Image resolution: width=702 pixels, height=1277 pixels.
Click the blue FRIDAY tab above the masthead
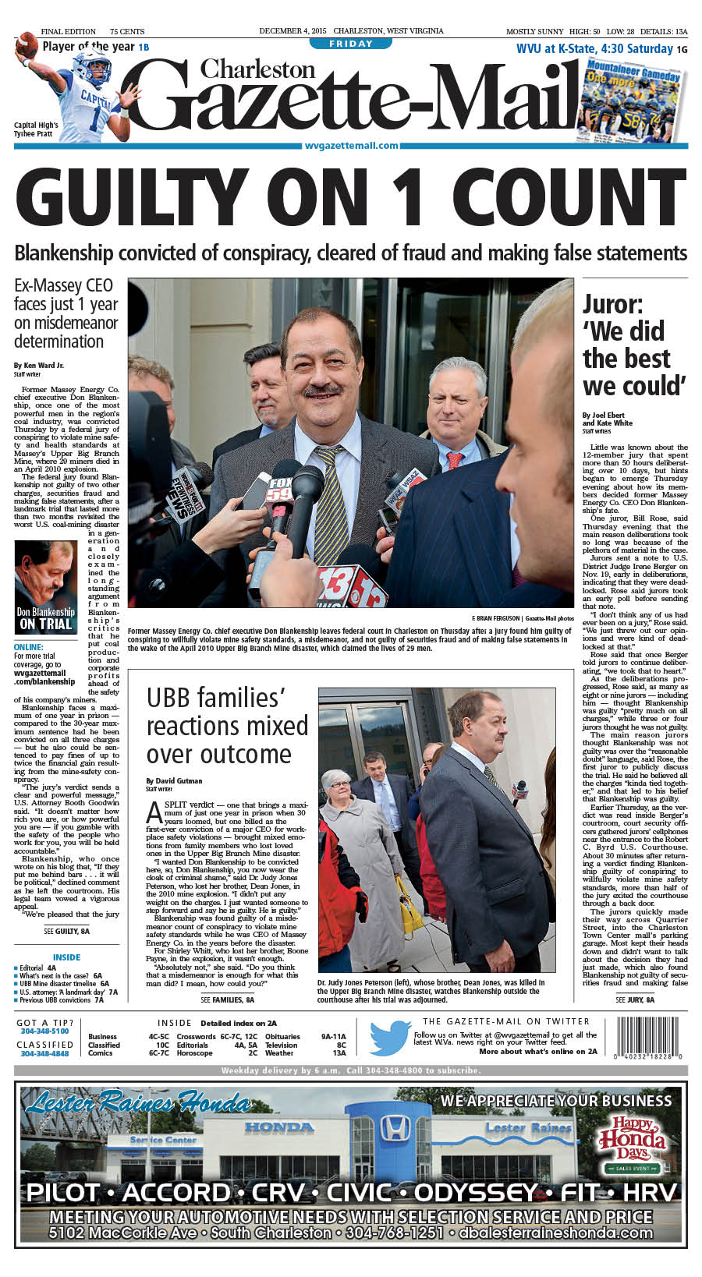351,44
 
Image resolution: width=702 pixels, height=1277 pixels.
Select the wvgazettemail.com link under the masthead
351,145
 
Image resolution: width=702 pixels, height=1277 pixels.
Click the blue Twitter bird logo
389,1038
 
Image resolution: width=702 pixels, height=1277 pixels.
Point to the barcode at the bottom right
650,1036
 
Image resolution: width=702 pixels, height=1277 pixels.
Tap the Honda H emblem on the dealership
394,1128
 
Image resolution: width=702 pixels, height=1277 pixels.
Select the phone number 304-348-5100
44,1031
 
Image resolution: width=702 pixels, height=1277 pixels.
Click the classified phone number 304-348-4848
44,1053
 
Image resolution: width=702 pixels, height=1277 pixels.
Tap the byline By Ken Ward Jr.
39,365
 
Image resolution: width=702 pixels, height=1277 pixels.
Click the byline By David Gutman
174,780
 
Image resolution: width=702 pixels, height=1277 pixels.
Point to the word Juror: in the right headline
613,304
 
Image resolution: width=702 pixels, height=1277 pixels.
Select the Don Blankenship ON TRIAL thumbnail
45,586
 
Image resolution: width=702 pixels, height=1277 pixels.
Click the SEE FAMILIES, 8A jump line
227,999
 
